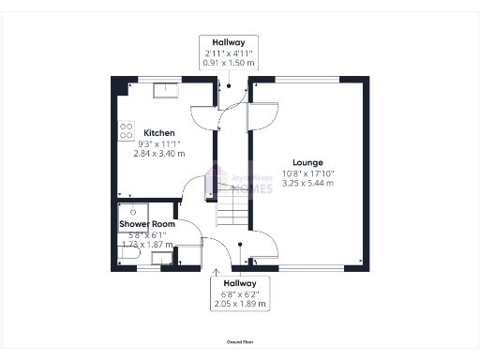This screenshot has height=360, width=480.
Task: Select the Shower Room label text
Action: coord(147,225)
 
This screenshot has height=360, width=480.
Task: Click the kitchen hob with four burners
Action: coord(127,132)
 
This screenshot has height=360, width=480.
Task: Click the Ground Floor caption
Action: coord(240,342)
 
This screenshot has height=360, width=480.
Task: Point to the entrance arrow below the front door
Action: coord(217,273)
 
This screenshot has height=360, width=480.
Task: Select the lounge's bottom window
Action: coord(310,268)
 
